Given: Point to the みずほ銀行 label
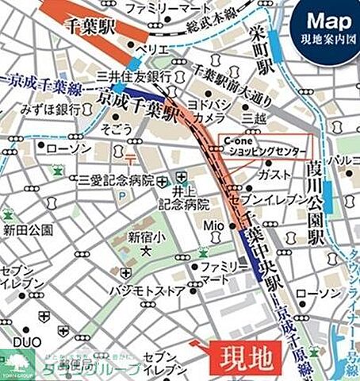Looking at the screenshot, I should click(46, 108).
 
